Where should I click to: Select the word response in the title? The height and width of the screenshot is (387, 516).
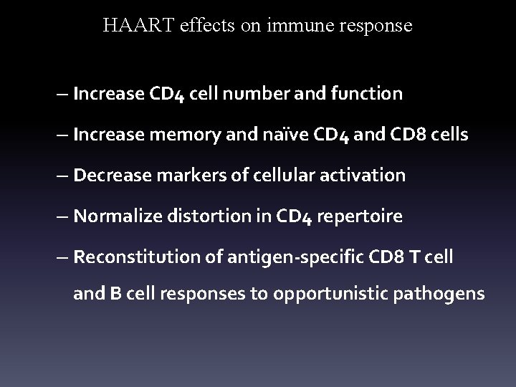[378, 27]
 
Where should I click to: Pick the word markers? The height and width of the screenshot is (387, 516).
[176, 175]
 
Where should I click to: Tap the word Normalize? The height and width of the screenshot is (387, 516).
[112, 216]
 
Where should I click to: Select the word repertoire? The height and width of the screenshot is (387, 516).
[363, 216]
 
